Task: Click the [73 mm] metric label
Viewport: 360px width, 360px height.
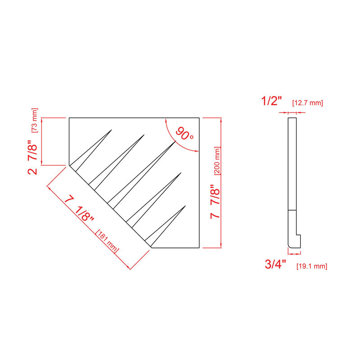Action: (35, 120)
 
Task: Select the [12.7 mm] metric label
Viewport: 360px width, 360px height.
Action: (307, 103)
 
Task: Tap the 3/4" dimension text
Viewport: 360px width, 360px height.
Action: (275, 264)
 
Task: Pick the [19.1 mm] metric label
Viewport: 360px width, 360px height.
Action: (312, 266)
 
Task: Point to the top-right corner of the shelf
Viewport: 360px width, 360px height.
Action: (199, 118)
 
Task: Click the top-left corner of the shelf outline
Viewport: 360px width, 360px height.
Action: (69, 118)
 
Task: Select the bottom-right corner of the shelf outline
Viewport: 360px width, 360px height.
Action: (199, 248)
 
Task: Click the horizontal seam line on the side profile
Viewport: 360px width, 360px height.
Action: (292, 210)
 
